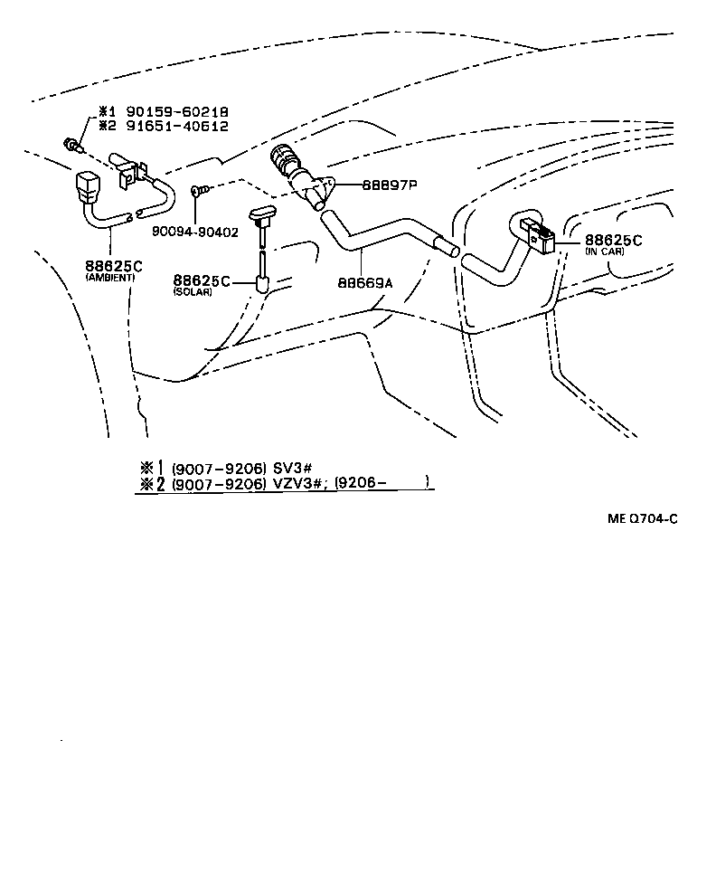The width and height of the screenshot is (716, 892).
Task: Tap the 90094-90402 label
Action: [x=195, y=232]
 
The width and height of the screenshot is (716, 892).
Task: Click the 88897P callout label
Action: [x=390, y=184]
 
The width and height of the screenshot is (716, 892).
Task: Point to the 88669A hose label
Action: [x=366, y=282]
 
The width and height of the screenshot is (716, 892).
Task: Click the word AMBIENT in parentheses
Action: [x=109, y=278]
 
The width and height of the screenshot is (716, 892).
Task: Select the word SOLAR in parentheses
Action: [x=192, y=293]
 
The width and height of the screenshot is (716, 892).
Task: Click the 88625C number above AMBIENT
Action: [x=110, y=266]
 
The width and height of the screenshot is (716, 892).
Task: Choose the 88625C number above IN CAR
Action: [x=613, y=240]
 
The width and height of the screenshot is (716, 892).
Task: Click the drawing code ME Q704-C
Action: [x=642, y=519]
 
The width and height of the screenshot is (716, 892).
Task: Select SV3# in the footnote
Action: [x=293, y=467]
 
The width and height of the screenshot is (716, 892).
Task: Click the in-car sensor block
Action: [x=540, y=236]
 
